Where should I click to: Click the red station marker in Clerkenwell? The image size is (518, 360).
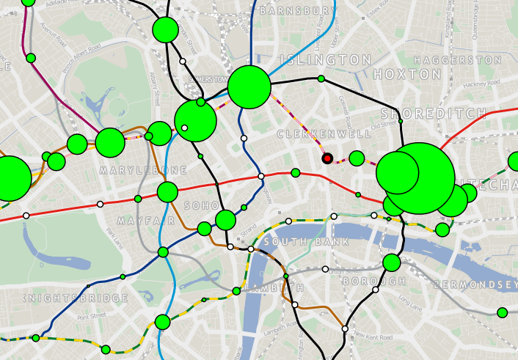pyautogui.click(x=327, y=158)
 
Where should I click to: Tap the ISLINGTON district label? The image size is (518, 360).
pyautogui.click(x=329, y=59)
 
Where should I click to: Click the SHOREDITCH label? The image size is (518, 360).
pyautogui.click(x=434, y=114)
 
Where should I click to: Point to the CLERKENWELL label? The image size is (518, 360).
pyautogui.click(x=324, y=135)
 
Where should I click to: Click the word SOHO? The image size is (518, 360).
pyautogui.click(x=198, y=207)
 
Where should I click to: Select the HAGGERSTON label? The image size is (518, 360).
pyautogui.click(x=447, y=59)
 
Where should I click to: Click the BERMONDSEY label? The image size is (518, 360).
pyautogui.click(x=476, y=284)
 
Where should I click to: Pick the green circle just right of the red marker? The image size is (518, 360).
pyautogui.click(x=357, y=158)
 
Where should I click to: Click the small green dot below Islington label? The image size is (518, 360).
pyautogui.click(x=321, y=78)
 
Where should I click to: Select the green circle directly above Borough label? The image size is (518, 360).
pyautogui.click(x=391, y=262)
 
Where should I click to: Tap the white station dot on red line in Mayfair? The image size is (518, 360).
pyautogui.click(x=101, y=204)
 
